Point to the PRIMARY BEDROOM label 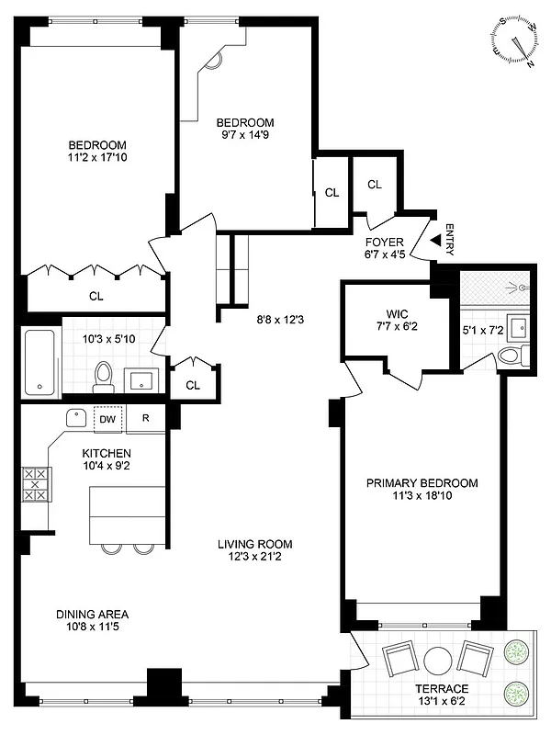click(x=422, y=483)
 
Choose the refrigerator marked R click(x=144, y=418)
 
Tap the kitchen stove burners click(x=35, y=483)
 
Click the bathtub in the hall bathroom click(x=40, y=363)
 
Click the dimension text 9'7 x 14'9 click(x=245, y=136)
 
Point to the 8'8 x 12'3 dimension click(x=280, y=321)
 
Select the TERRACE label click(x=443, y=689)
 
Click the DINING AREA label click(x=92, y=615)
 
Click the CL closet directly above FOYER click(x=375, y=185)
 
